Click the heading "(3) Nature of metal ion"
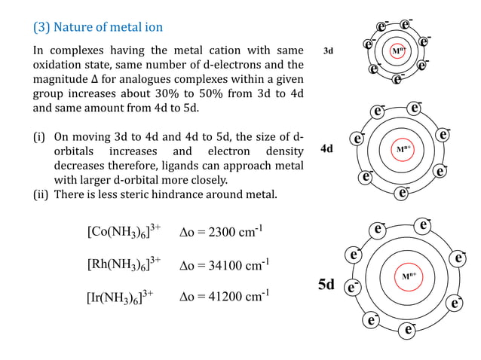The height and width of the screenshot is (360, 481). (97, 28)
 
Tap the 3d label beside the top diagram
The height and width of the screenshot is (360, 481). (328, 51)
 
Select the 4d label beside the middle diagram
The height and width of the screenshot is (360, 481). (326, 149)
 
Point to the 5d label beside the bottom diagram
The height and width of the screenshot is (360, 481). (326, 285)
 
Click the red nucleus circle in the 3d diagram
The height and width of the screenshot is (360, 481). (398, 51)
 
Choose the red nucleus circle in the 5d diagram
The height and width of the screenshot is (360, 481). (409, 276)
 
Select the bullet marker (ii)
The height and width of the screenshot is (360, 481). (41, 195)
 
